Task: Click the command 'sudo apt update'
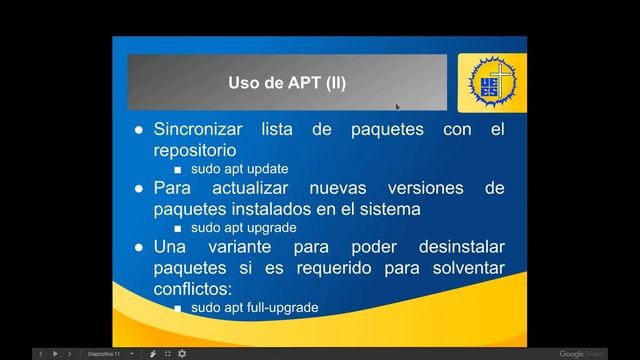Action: point(240,169)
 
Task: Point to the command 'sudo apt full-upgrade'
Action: point(255,307)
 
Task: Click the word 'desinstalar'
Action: point(449,247)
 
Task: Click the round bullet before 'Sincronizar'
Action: point(139,130)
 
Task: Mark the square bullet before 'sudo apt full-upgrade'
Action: point(178,308)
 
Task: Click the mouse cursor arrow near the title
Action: point(397,106)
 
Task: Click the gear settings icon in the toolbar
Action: point(181,354)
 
